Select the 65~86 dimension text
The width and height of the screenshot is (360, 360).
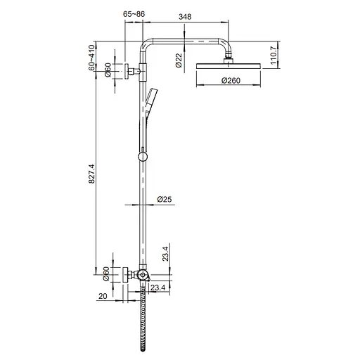[134, 13]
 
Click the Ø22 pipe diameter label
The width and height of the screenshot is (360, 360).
[179, 60]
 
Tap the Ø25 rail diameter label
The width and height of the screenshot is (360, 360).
[165, 200]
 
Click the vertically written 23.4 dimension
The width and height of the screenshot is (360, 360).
[165, 254]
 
